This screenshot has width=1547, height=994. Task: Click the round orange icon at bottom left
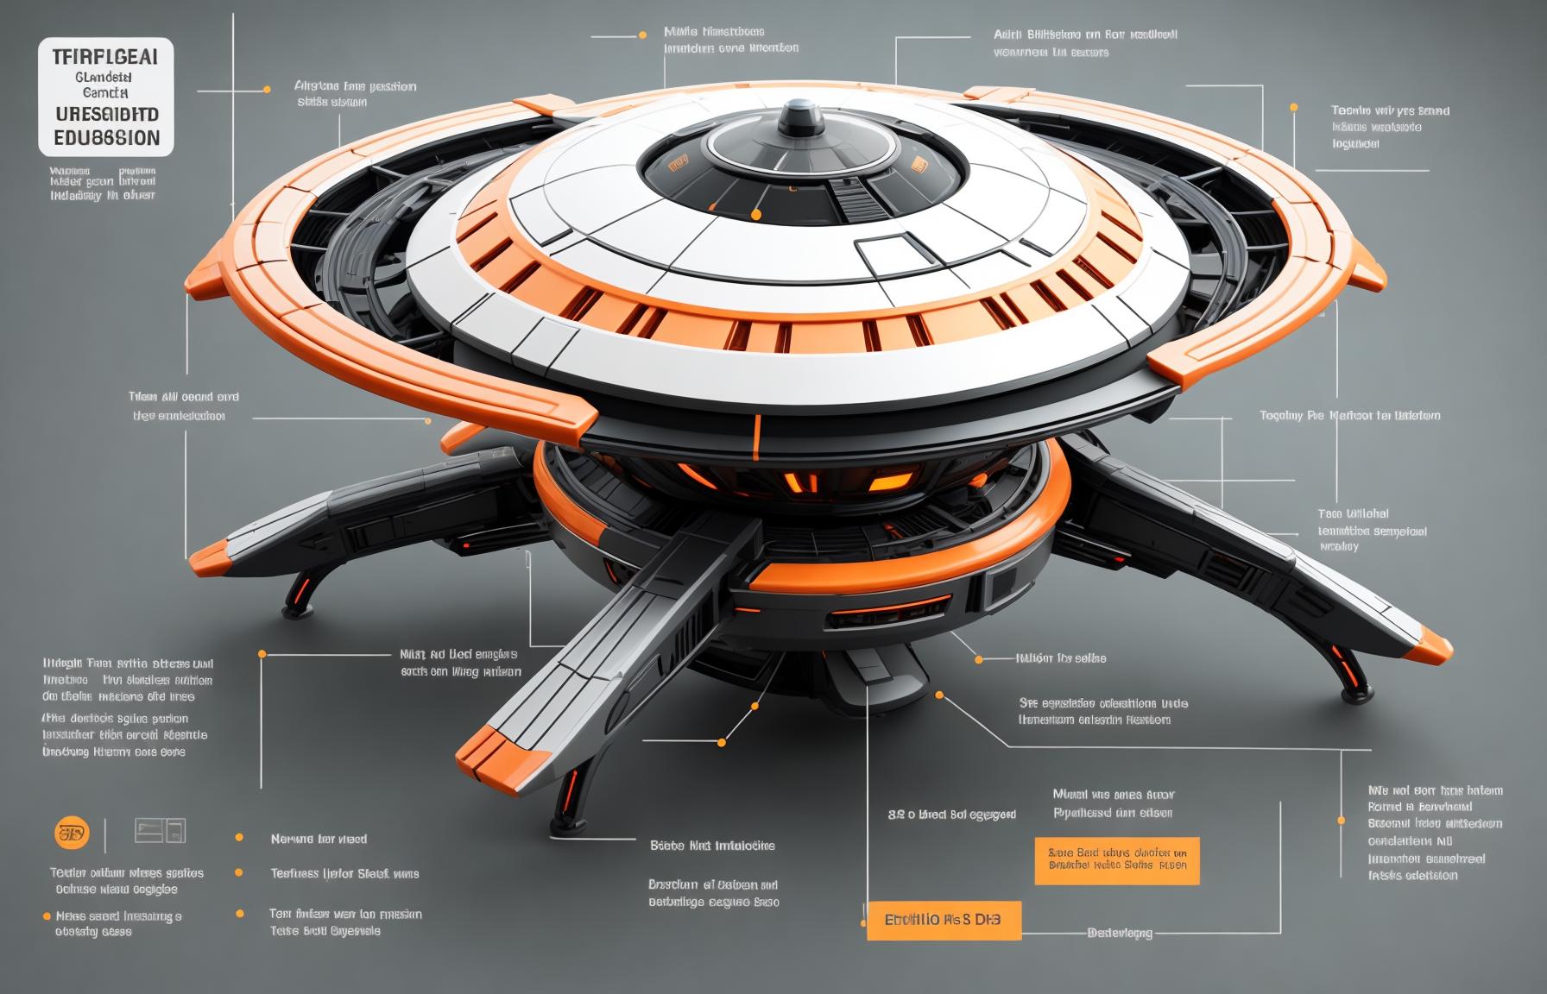point(72,834)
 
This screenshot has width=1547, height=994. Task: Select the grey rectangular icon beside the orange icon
point(160,831)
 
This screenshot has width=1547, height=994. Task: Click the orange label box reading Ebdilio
point(943,921)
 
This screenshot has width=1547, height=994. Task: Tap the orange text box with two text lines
point(1117,860)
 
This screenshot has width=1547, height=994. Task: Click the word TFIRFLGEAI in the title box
point(105,58)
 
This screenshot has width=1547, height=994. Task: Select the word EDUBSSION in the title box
point(106,138)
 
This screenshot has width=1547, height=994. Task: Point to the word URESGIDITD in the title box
point(106,114)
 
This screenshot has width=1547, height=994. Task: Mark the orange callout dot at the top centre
point(642,35)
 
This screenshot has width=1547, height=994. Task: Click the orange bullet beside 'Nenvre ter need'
point(239,838)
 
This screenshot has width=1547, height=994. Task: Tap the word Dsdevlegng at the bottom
point(1120,933)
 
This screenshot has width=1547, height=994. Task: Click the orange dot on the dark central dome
point(756,214)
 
